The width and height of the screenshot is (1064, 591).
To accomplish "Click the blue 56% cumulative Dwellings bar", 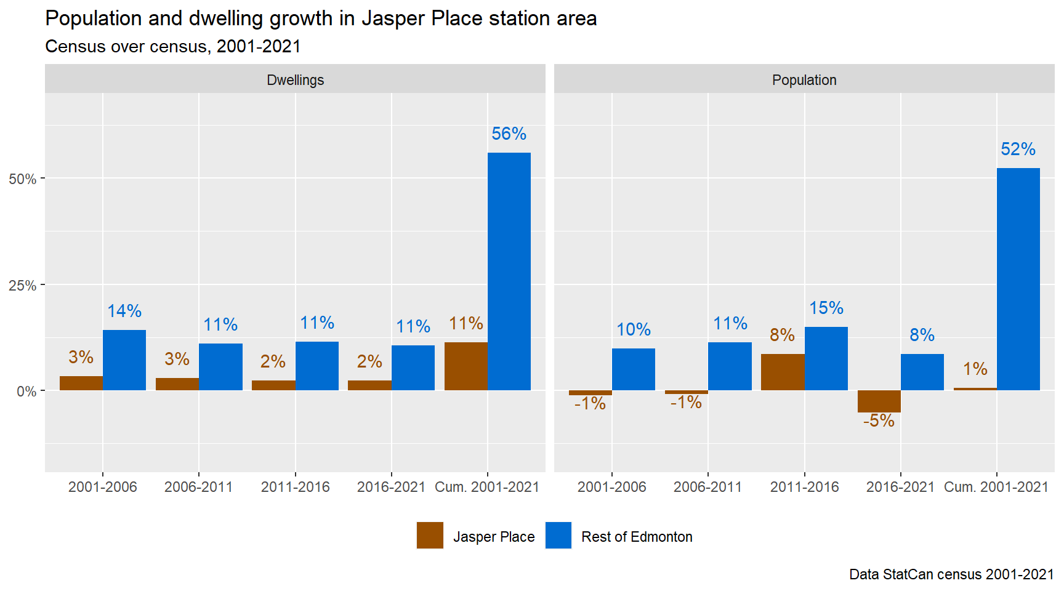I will (x=509, y=271).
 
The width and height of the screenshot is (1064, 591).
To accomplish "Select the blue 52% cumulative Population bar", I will (x=1018, y=279).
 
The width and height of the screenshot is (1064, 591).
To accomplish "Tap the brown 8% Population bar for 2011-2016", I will (x=783, y=372).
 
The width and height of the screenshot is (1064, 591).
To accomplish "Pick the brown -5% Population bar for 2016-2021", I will (x=879, y=401).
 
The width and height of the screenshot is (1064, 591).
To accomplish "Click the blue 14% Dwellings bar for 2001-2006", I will (x=124, y=360).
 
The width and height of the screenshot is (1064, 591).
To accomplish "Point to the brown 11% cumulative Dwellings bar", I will (x=465, y=366).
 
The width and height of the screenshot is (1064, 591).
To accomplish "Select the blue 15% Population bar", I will (x=826, y=358).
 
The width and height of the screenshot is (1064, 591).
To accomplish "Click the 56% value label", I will (x=509, y=134).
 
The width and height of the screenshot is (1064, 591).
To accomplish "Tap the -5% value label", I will (x=879, y=420).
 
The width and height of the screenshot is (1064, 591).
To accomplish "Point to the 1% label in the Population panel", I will (x=975, y=369).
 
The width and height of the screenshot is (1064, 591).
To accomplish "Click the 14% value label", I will (x=124, y=311).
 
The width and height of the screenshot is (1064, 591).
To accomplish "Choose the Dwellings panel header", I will (x=295, y=79).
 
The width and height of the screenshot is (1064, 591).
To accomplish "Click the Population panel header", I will (x=804, y=79).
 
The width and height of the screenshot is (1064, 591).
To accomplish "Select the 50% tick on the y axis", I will (x=23, y=179).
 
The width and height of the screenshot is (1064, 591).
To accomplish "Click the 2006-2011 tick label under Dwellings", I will (x=198, y=487).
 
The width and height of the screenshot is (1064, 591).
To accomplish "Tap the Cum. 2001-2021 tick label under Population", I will (x=996, y=487).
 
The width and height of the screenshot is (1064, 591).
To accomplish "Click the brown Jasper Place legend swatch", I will (x=430, y=536).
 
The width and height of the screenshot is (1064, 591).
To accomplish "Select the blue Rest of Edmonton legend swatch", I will (x=558, y=536).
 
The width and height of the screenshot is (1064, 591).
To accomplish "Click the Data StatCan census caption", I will (x=951, y=574).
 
